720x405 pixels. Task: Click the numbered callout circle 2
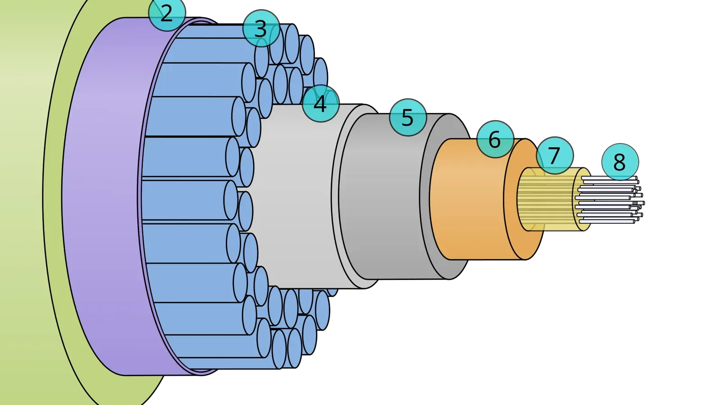[x=167, y=13]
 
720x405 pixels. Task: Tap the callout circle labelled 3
[x=261, y=28]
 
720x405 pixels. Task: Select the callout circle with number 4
[x=320, y=103]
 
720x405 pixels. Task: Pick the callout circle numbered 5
[x=408, y=117]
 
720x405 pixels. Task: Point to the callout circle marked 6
[x=495, y=139]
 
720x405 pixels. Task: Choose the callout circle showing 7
[x=554, y=155]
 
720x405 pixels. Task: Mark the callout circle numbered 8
[x=620, y=162]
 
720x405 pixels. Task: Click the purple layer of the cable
[x=106, y=196]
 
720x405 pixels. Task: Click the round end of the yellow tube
[x=582, y=199]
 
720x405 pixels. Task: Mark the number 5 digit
[x=408, y=117]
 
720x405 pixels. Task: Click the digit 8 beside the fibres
[x=620, y=162]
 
